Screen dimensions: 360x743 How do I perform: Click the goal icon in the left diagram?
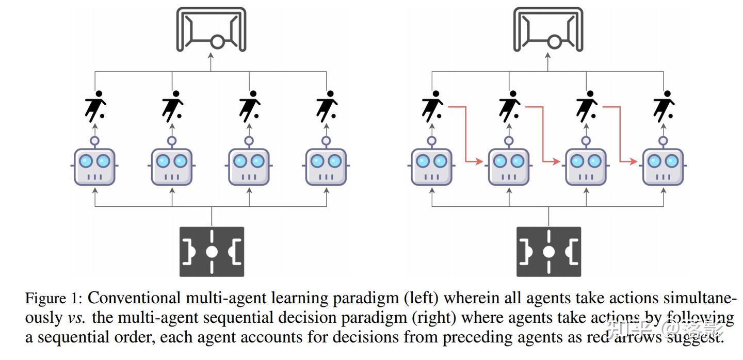coord(211,29)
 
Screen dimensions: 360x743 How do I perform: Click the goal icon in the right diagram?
coord(548,29)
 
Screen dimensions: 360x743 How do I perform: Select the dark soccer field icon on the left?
coord(212,252)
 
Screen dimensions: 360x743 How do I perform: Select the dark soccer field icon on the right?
coord(548,252)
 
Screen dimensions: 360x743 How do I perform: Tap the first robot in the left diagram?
coord(94,166)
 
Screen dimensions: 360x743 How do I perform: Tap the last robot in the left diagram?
coord(326,166)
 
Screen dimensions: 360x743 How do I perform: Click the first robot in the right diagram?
coord(432,166)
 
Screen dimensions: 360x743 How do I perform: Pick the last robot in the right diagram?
coord(663,166)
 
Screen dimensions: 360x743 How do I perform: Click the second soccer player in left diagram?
coord(172,106)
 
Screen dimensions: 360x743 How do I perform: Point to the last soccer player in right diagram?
coord(664,106)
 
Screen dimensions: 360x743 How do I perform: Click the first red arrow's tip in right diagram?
coord(480,162)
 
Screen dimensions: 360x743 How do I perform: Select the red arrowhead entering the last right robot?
coord(634,162)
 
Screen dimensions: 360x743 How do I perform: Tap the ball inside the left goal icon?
coord(217,42)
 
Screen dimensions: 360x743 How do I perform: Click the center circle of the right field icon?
coord(548,252)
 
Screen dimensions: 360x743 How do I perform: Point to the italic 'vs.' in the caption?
coord(77,318)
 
